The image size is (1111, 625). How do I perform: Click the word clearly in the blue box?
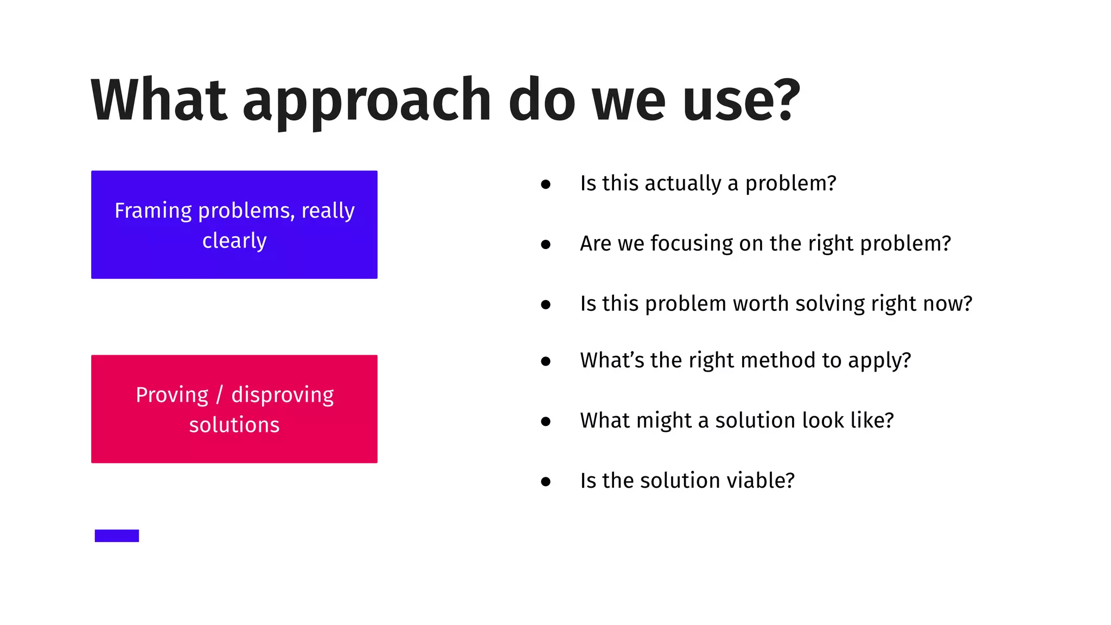tap(234, 241)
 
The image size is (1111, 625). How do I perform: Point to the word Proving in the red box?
tap(171, 395)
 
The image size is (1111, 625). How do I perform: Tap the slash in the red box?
tap(219, 395)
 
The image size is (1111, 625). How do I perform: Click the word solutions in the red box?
tap(234, 425)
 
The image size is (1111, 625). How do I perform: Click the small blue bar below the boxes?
tap(117, 535)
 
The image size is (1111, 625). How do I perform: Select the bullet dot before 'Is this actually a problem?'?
tap(546, 184)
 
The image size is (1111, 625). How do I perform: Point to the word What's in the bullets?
tap(612, 361)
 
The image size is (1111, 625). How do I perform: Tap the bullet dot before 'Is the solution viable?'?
tap(546, 481)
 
